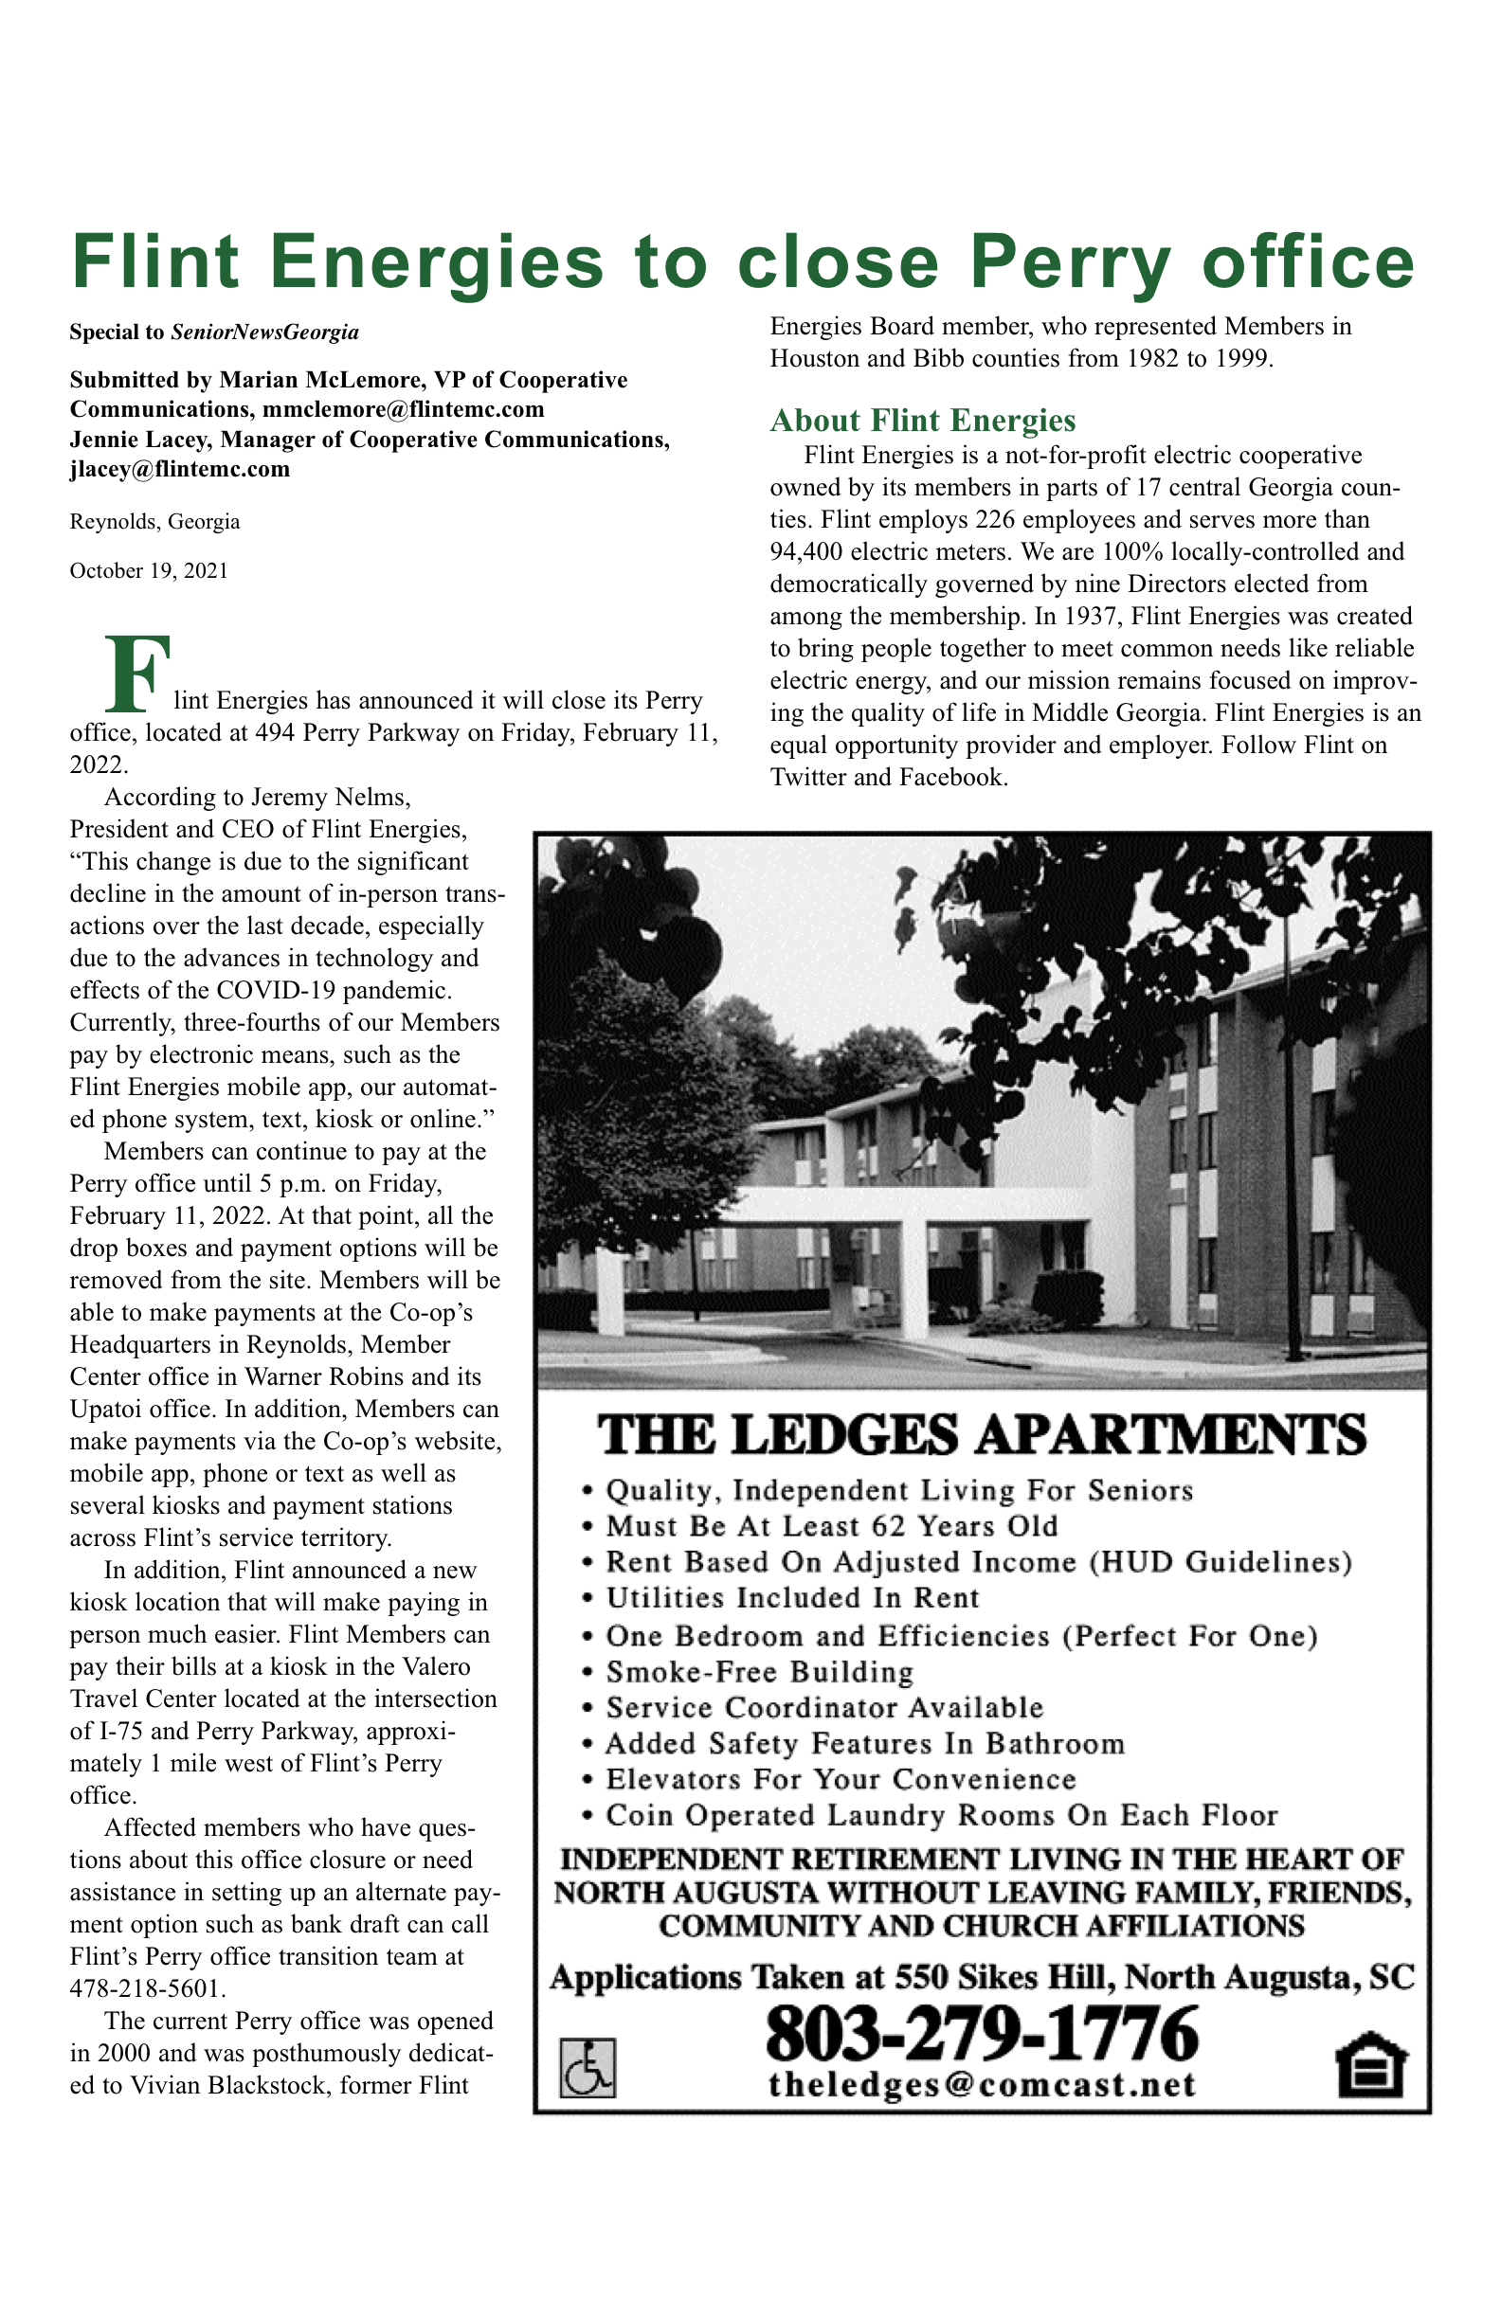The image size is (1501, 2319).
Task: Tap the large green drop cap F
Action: coord(136,674)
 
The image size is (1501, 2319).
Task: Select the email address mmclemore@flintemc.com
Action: coord(404,408)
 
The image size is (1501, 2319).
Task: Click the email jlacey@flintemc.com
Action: coord(179,469)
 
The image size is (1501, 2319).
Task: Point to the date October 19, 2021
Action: coord(148,571)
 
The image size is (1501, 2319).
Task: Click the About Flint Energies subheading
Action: coord(922,420)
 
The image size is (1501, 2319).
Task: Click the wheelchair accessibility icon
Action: coord(587,2069)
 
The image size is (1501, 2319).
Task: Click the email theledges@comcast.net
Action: coord(982,2084)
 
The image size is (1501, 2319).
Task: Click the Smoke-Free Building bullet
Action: coord(759,1672)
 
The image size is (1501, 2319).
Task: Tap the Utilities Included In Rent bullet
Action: coord(791,1598)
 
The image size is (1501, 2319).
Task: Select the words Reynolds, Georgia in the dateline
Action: coord(155,521)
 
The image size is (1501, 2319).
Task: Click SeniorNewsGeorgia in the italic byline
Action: coord(265,333)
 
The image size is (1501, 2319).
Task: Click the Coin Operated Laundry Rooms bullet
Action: coord(941,1815)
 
